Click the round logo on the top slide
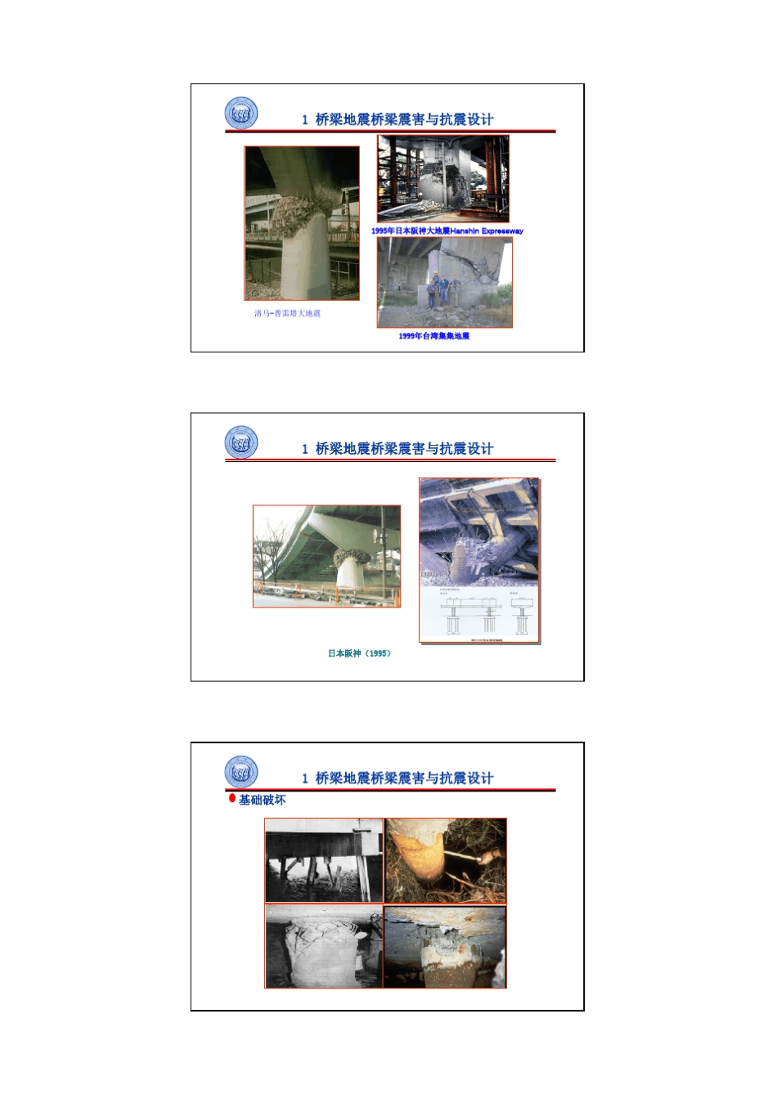[241, 114]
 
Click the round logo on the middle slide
[241, 443]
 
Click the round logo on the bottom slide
[241, 773]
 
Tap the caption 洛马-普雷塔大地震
[287, 313]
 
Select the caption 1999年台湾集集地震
[434, 336]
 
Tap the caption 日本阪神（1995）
[360, 653]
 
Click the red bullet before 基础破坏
[232, 799]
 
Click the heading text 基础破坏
[263, 800]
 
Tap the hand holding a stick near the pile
[489, 856]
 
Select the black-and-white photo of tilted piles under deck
[324, 860]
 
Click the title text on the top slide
[397, 119]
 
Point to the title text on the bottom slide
[397, 778]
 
